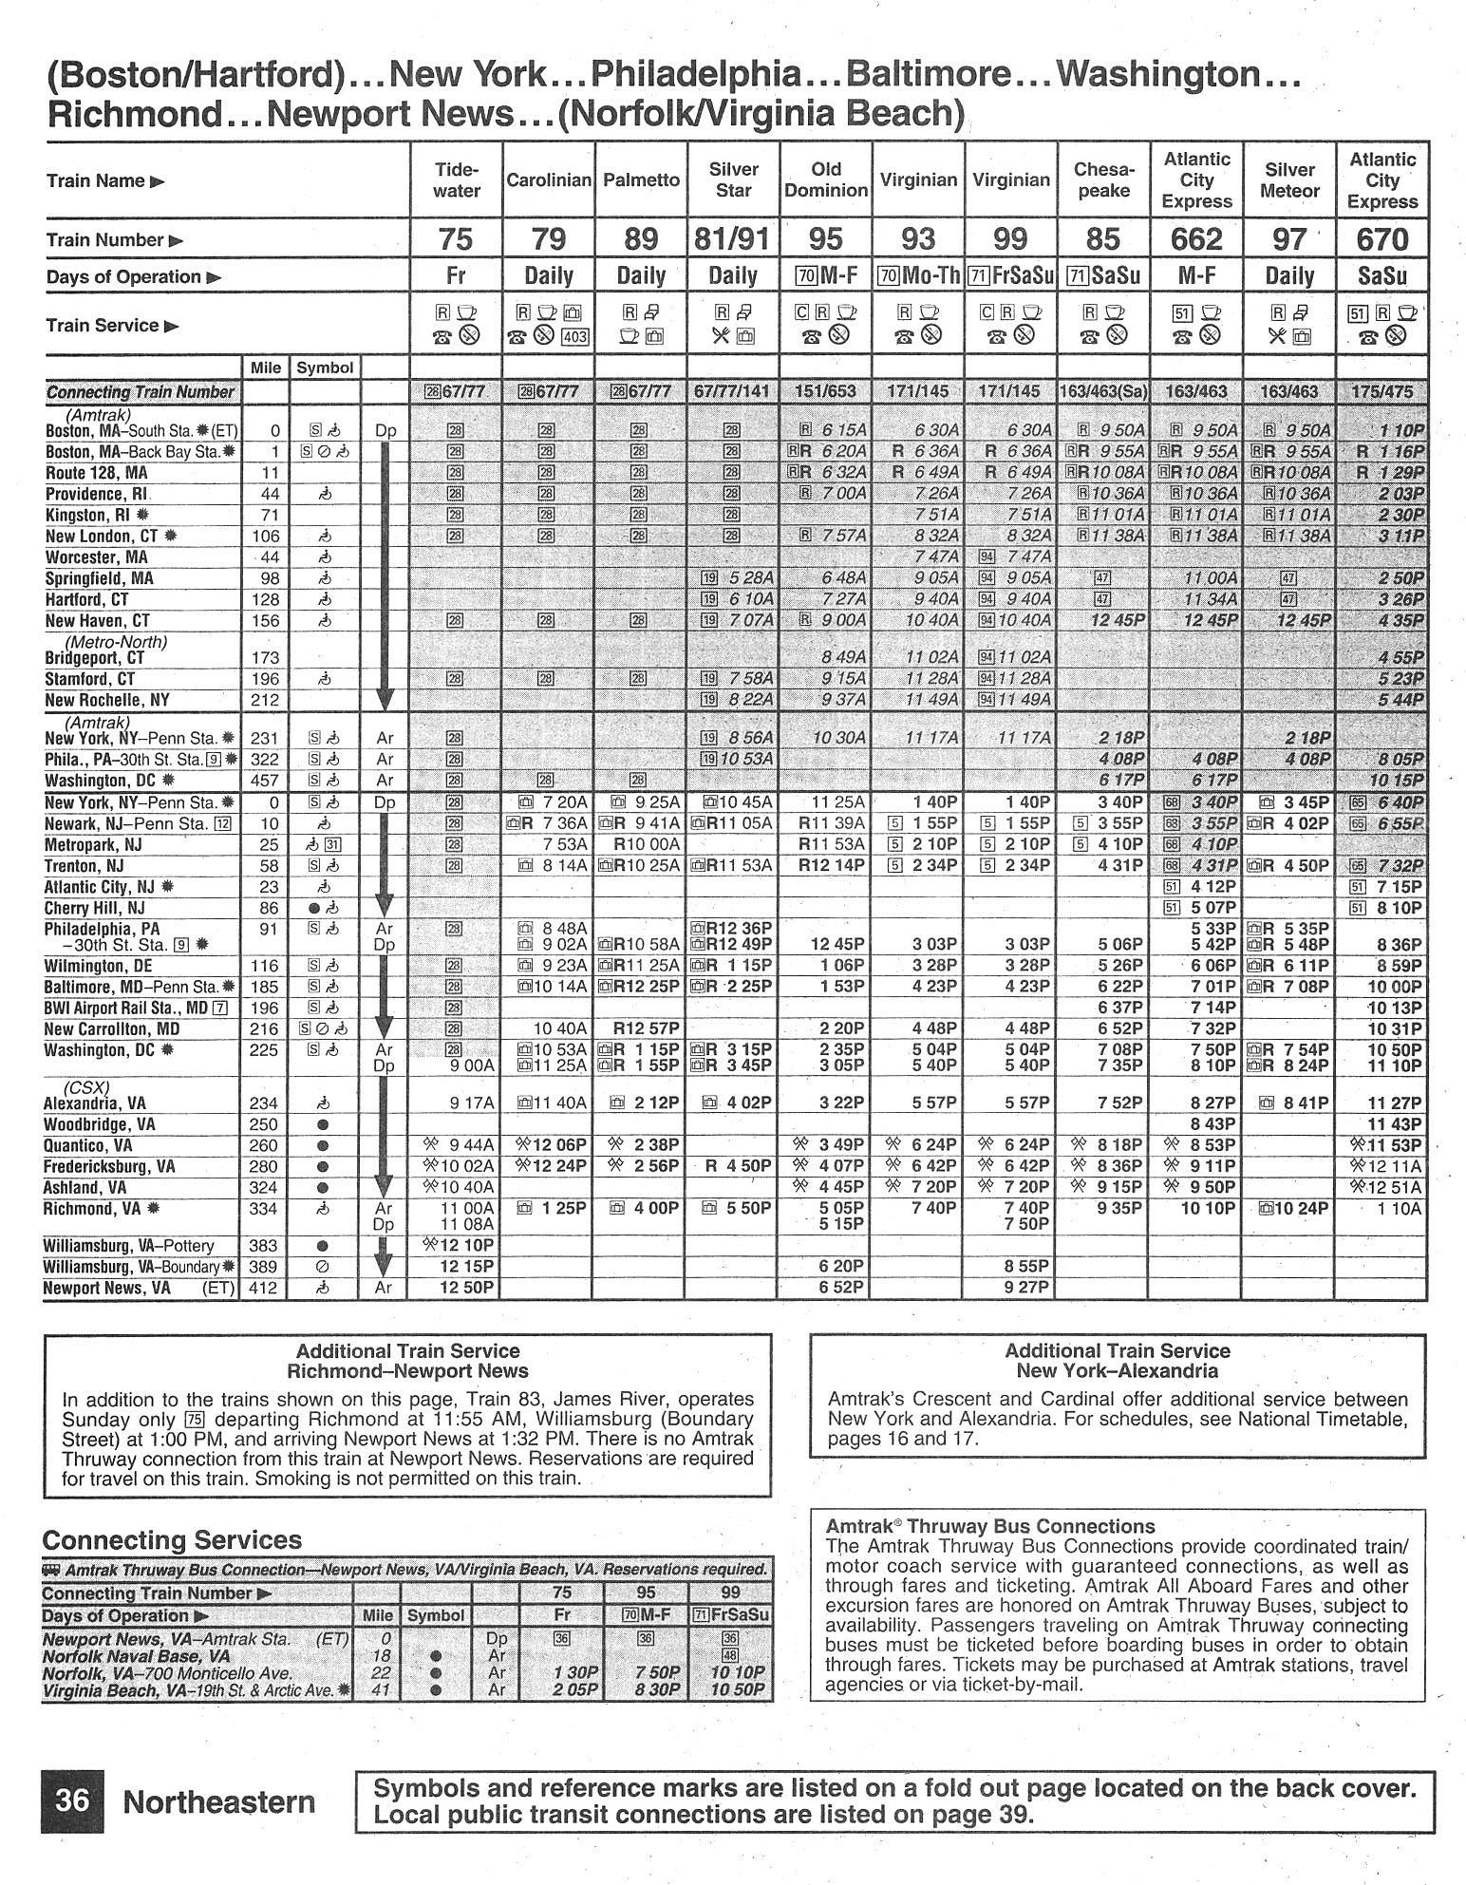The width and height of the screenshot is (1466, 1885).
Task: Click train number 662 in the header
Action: click(1195, 239)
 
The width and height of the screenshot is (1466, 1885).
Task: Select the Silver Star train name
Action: click(733, 180)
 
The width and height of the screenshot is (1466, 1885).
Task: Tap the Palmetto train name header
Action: click(641, 180)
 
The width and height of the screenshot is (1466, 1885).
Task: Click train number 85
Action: click(1102, 239)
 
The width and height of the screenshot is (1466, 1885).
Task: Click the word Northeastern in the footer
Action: click(219, 1801)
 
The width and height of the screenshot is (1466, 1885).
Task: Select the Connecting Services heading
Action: click(172, 1539)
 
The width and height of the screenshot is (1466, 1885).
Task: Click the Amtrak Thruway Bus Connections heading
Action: click(990, 1526)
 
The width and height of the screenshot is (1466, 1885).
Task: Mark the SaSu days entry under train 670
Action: click(1381, 276)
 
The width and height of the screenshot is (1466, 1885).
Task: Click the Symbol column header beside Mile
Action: click(325, 368)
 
